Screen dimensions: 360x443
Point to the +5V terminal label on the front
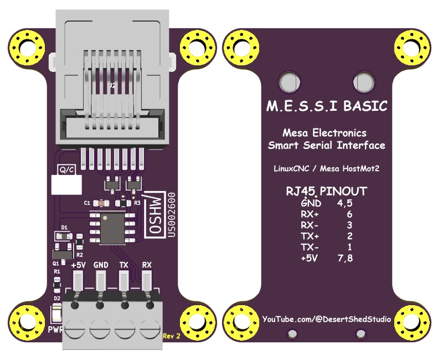point(78,265)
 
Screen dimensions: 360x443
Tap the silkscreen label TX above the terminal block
point(124,265)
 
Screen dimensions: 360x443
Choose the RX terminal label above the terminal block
point(147,265)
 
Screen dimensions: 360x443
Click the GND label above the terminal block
point(101,265)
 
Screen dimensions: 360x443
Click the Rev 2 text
point(172,336)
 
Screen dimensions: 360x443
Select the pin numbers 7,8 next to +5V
point(345,258)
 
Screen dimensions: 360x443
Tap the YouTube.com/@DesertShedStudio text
point(326,319)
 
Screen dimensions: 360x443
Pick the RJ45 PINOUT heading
point(326,191)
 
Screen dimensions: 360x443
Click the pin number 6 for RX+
point(348,214)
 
